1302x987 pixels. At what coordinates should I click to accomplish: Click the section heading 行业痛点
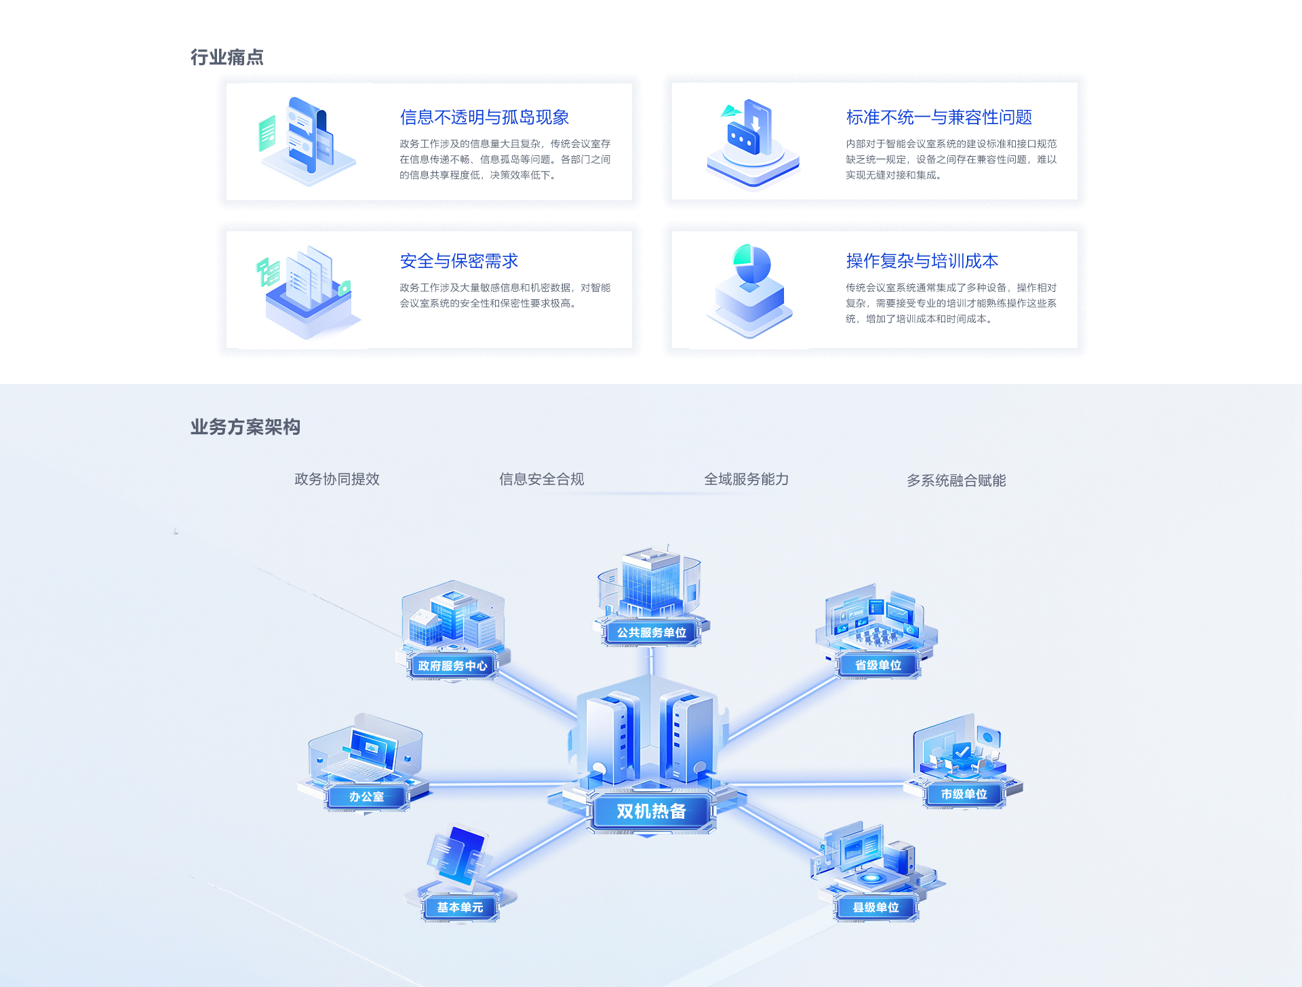(227, 58)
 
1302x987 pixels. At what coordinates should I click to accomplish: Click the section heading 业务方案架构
(245, 427)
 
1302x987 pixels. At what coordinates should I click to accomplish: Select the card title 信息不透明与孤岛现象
(484, 117)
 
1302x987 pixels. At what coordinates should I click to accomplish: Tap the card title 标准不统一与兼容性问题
(939, 117)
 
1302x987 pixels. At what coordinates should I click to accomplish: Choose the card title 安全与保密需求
(459, 261)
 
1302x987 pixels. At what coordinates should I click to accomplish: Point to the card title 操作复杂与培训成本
(922, 261)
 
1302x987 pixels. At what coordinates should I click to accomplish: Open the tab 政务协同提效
(337, 479)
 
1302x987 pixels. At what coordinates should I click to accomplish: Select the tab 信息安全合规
(542, 479)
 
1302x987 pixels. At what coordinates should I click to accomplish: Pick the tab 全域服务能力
(747, 479)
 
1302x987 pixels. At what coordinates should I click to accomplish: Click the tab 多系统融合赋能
(956, 480)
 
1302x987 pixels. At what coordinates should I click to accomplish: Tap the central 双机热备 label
(651, 811)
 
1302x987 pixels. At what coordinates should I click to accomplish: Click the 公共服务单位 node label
(651, 632)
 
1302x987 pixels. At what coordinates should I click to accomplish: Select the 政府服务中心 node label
(452, 665)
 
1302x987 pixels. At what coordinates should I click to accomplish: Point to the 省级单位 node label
(878, 665)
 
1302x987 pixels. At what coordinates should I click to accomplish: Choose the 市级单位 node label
(964, 794)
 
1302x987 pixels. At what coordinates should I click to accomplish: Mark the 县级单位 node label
(875, 907)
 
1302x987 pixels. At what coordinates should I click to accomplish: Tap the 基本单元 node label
(460, 907)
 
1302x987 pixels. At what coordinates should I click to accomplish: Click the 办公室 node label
(366, 796)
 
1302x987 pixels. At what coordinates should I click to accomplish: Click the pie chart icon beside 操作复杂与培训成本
(752, 264)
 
